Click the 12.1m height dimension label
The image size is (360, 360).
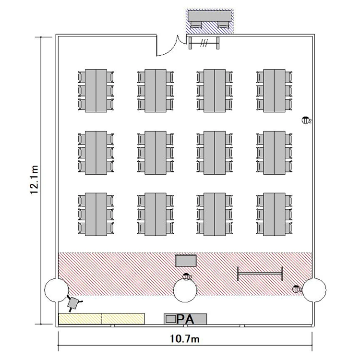point(34,180)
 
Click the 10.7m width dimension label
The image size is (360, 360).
point(185,339)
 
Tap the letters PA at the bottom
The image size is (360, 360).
point(186,319)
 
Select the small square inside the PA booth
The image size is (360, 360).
point(170,318)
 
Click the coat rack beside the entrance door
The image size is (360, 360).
point(205,43)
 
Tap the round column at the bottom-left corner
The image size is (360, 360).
point(56,290)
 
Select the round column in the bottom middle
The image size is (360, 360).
point(185,290)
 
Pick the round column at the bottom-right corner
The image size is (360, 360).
point(314,290)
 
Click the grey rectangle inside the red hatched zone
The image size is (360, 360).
point(186,261)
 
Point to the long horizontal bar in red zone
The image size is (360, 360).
point(260,274)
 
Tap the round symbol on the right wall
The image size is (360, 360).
point(305,120)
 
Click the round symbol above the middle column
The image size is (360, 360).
point(187,276)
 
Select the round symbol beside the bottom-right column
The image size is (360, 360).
point(297,289)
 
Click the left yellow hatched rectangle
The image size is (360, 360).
point(80,318)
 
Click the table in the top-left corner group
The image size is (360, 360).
point(96,91)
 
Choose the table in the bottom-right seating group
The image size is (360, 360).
point(274,215)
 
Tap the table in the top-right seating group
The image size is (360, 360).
point(274,91)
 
